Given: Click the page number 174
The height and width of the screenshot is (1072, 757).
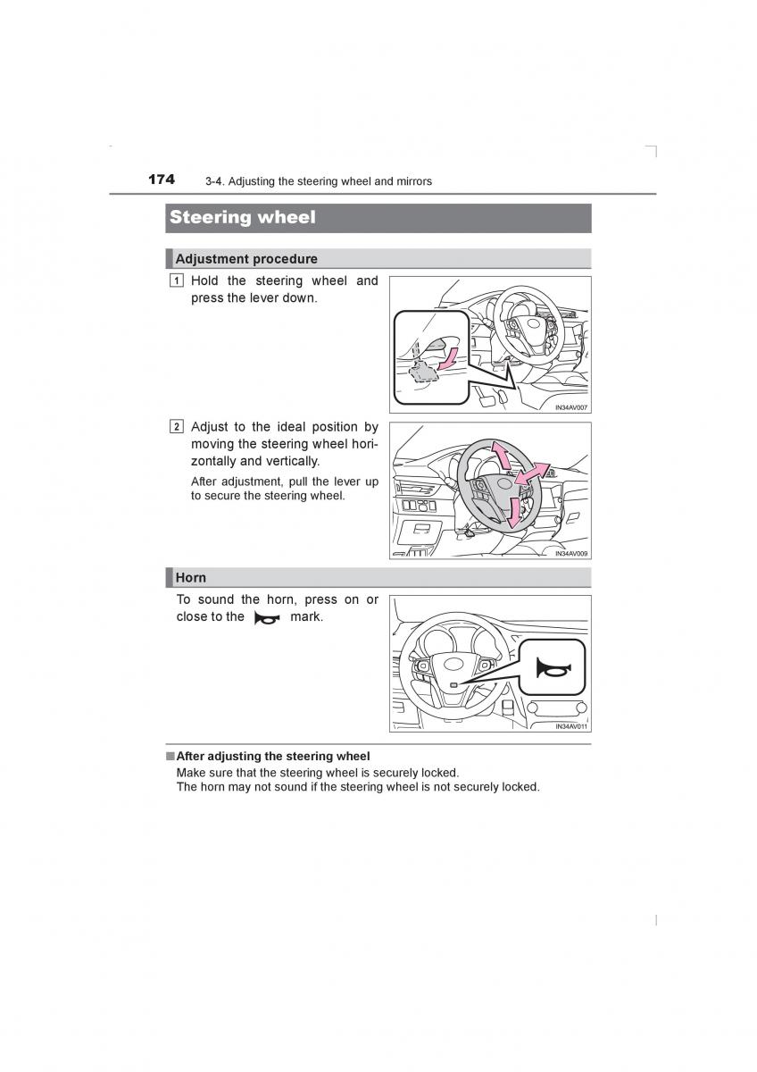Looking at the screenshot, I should (x=162, y=180).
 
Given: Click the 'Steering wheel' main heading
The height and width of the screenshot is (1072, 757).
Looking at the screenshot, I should (x=242, y=217).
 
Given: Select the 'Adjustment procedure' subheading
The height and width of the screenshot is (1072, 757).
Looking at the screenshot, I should (x=245, y=259).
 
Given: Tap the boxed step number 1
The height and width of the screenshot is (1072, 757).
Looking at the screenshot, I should (x=178, y=281).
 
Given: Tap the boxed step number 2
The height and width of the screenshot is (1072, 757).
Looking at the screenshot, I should (x=178, y=427).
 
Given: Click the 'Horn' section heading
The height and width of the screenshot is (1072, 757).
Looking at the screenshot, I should (x=190, y=577).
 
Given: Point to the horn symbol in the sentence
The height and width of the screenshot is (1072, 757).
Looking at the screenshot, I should (x=267, y=617).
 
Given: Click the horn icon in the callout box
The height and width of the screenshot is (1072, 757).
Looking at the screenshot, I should (x=552, y=668).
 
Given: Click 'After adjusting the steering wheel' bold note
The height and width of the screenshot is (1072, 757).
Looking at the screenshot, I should (x=272, y=756).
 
